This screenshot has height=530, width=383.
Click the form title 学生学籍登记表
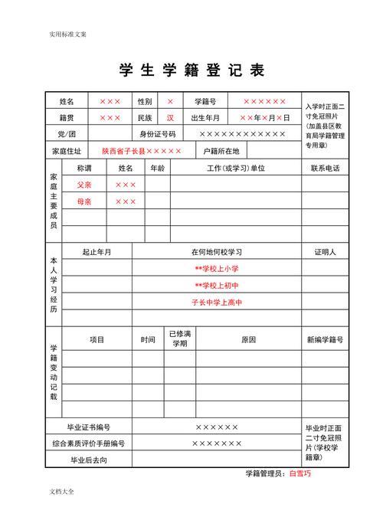pos(191,70)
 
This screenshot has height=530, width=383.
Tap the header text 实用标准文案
pos(67,34)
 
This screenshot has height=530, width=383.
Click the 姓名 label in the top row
pos(67,101)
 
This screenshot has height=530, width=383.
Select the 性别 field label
pos(145,101)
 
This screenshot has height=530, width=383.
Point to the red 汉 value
pos(170,118)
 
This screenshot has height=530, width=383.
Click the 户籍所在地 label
pos(221,152)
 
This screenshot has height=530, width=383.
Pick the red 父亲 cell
pos(83,185)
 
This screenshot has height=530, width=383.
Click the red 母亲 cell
pos(83,201)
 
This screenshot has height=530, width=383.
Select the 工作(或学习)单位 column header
pos(236,168)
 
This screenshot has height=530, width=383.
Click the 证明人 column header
pos(325,252)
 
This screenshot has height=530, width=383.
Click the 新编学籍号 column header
pos(325,339)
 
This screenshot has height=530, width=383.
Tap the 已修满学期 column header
pos(179,339)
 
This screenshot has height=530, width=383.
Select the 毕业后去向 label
pos(89,460)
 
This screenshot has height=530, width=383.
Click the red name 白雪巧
pos(300,473)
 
